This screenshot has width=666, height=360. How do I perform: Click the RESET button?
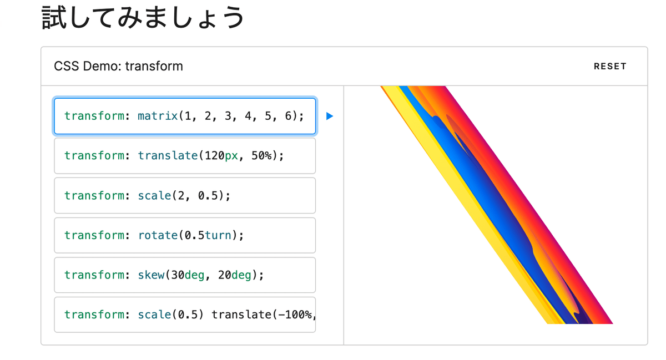coord(609,67)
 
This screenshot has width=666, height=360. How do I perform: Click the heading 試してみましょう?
coord(143,18)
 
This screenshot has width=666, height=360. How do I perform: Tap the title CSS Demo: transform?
coord(118,67)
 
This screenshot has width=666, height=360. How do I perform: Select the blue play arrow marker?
coord(330,116)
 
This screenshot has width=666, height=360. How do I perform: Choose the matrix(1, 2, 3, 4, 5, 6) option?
coord(185,116)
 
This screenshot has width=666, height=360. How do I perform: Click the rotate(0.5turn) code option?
coord(185,235)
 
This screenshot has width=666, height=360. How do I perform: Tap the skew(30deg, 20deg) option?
coord(185,275)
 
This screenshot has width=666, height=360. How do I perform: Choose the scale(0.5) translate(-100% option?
coord(185,315)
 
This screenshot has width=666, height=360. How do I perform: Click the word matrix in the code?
coord(158,116)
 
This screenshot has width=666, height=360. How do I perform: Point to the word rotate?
coord(158,235)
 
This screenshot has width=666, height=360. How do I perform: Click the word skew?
coord(151,275)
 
